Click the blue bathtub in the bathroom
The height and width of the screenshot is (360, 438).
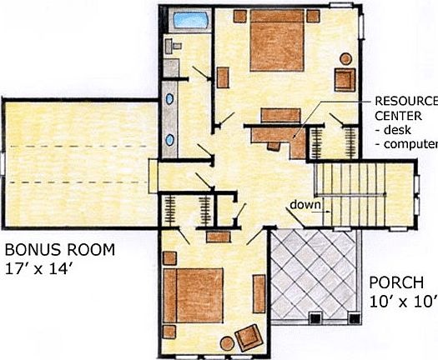(x=189, y=21)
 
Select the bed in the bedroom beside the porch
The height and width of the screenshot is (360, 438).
(x=194, y=297)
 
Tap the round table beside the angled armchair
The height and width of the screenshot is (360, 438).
(x=228, y=342)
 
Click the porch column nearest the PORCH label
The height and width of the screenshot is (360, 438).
(x=350, y=317)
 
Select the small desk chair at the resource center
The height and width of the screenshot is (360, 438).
(x=274, y=142)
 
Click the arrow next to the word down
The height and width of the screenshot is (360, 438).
(x=325, y=211)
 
